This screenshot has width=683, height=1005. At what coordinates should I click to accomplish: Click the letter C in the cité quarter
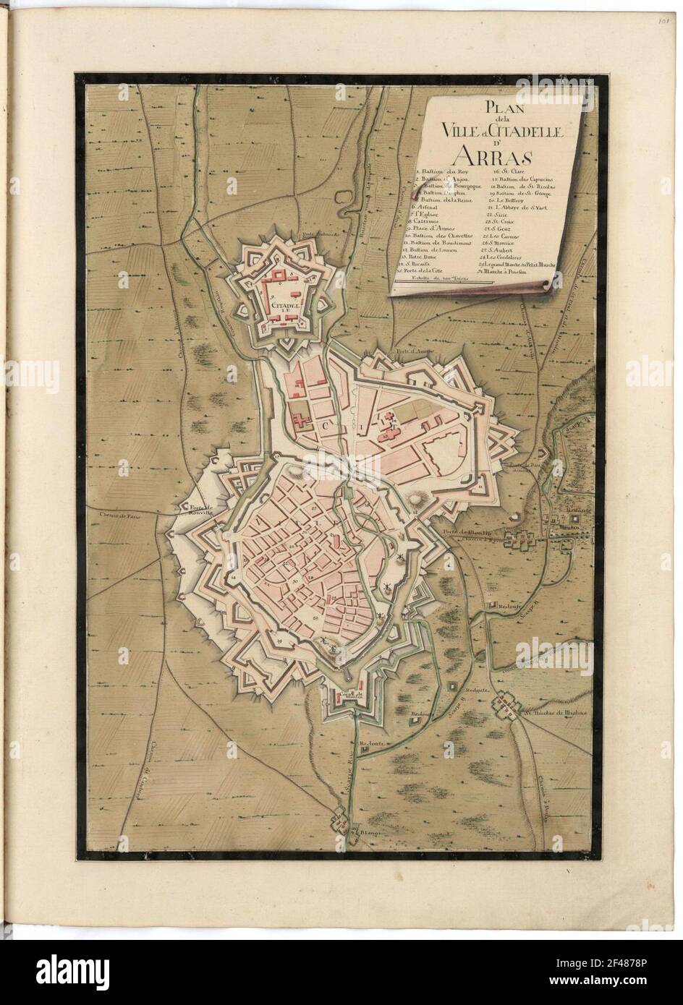(x=326, y=426)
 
